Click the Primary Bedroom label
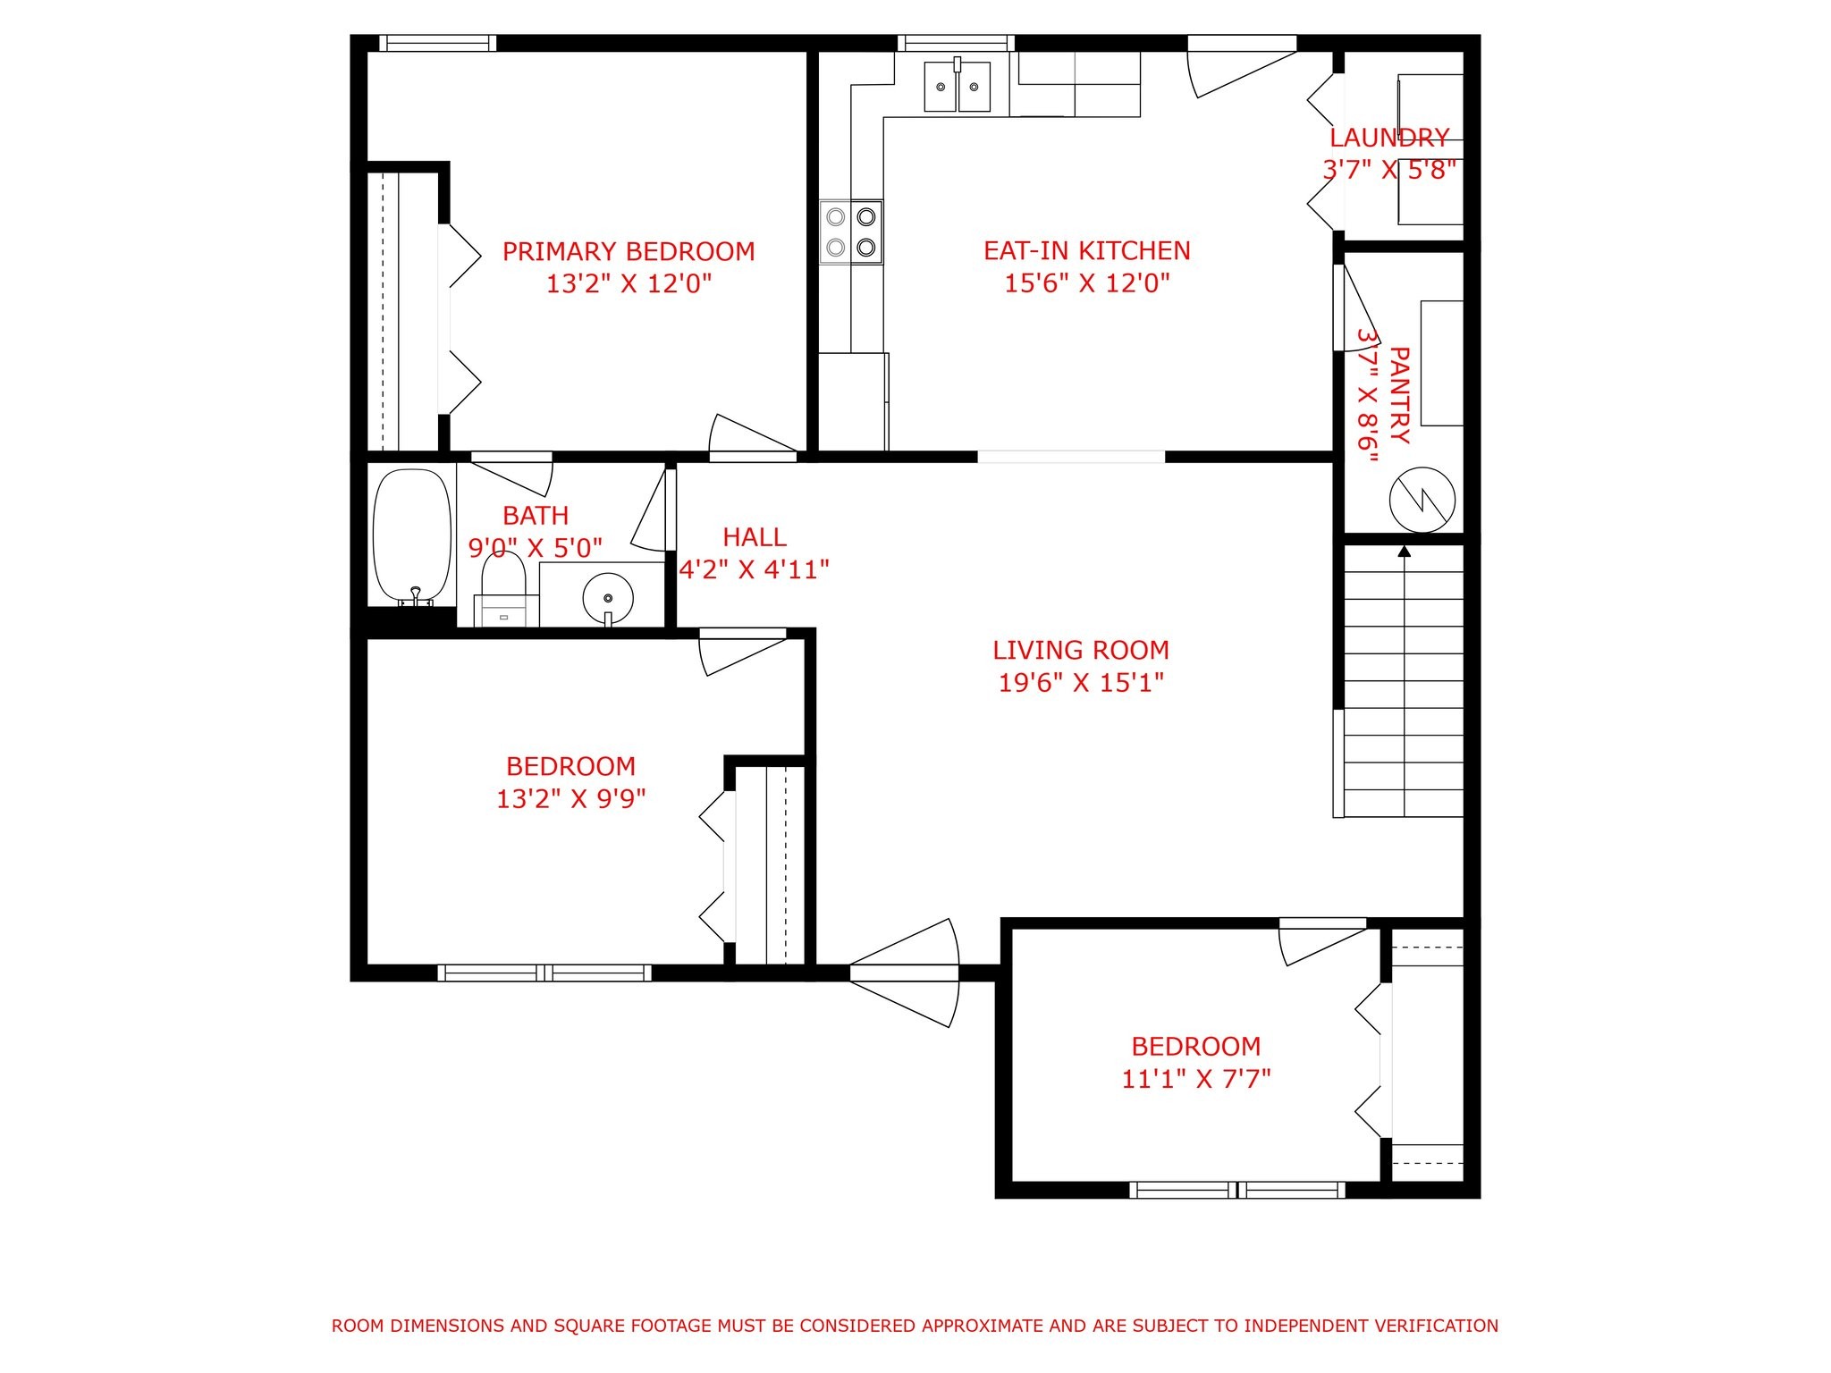coord(629,251)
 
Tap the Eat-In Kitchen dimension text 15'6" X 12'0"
coord(1087,283)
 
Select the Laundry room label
coord(1389,138)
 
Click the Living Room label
coord(1081,650)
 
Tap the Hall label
coord(755,537)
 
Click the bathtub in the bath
coord(412,537)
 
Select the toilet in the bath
coord(504,589)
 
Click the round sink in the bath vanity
coord(608,598)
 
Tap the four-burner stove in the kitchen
coord(851,232)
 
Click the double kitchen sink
coord(958,86)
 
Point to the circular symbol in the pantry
coord(1422,501)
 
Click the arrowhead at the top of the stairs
coord(1404,552)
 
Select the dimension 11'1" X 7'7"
coord(1196,1079)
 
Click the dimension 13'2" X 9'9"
coord(571,798)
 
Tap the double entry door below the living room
coord(904,973)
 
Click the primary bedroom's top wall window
coord(437,43)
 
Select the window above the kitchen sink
coord(956,43)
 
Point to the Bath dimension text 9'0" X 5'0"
coord(536,548)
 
